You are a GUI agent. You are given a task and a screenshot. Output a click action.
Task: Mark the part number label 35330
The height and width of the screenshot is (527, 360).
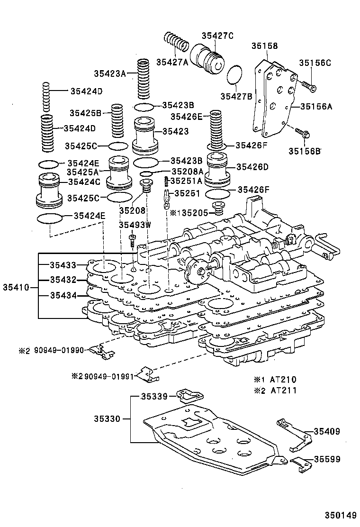point(108,419)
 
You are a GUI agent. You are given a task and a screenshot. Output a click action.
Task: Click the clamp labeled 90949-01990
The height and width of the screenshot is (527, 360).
point(101,351)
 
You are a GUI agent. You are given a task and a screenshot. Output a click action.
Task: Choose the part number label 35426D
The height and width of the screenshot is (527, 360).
point(252,166)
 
